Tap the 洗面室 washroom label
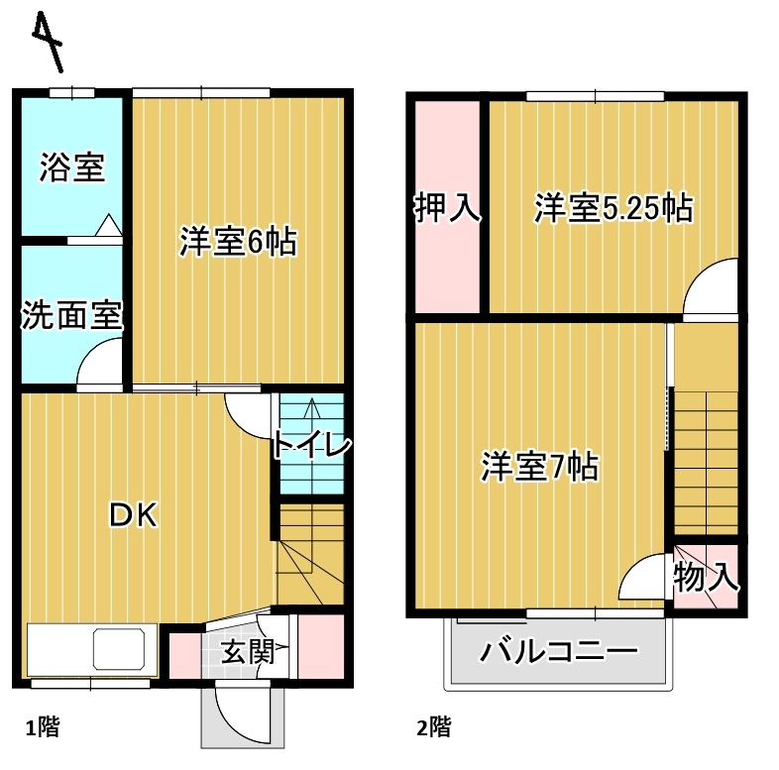[72, 316]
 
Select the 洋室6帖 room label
[238, 242]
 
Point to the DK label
[133, 514]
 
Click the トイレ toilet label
[311, 446]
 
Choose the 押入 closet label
[447, 208]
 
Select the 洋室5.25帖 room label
[612, 208]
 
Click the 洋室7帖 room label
[539, 466]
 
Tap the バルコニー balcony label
[558, 652]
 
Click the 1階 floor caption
[43, 728]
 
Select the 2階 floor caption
[434, 728]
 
